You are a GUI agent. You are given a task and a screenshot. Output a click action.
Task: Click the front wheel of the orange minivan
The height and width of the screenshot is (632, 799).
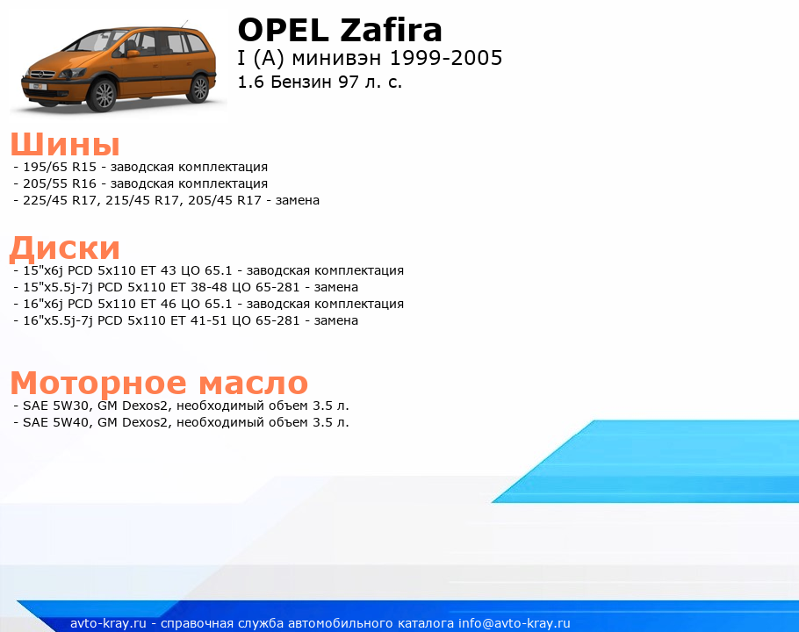104,95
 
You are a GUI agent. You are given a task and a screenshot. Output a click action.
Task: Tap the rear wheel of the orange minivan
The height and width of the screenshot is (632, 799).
199,88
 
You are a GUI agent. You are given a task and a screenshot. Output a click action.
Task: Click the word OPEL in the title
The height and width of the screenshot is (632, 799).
284,30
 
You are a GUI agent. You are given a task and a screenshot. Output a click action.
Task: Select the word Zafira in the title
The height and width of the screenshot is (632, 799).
391,30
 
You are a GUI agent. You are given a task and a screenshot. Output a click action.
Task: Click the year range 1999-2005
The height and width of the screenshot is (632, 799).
446,58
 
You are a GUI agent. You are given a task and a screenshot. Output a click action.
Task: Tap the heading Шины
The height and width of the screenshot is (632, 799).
65,144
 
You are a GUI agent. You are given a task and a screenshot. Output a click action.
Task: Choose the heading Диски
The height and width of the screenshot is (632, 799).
65,248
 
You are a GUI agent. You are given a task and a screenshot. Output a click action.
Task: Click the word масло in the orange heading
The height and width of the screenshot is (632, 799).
253,383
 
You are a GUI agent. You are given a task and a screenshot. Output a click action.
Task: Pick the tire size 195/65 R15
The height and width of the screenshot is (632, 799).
60,167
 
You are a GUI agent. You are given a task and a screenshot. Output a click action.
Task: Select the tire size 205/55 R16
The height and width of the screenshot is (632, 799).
60,183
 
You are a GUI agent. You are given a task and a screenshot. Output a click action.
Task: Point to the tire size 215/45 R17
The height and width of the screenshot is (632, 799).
142,201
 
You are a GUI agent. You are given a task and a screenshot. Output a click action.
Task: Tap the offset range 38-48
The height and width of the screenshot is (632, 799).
208,287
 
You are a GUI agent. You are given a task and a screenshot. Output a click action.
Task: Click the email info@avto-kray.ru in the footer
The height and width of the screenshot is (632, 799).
515,623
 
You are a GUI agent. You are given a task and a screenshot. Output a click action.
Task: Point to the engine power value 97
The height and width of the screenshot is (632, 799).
349,82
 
